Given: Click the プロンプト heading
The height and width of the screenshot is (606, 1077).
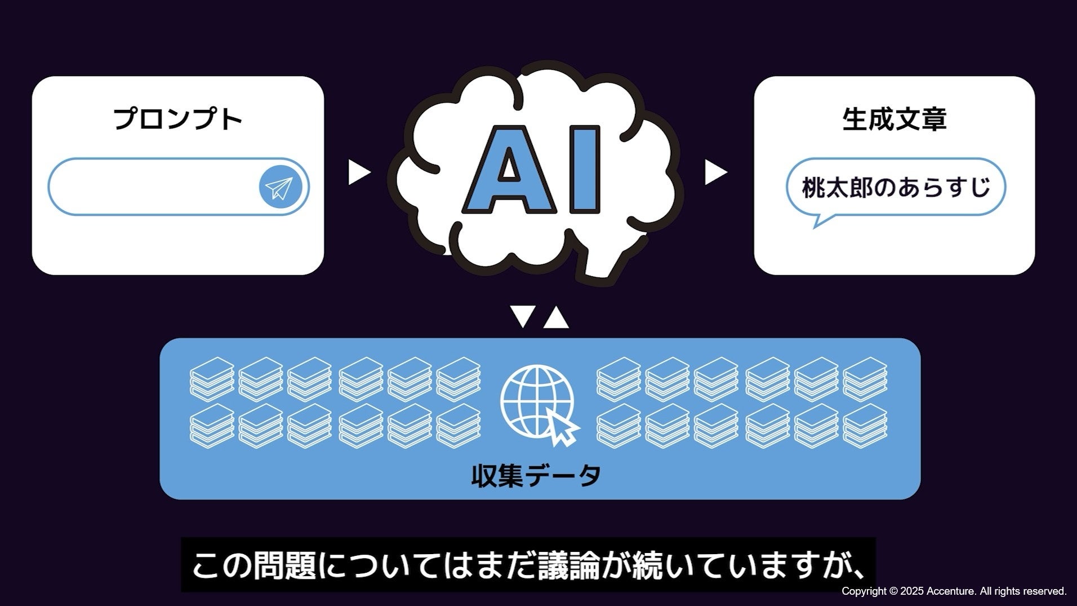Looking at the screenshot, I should pos(178,120).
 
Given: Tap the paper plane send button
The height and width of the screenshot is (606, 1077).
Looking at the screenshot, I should pos(281,187).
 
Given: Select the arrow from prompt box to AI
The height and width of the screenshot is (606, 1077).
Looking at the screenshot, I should pos(358,172).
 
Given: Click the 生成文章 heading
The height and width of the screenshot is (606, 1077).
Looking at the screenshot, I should pos(894,120).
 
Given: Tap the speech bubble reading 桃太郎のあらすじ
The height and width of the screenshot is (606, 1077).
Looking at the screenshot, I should pos(896,187).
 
